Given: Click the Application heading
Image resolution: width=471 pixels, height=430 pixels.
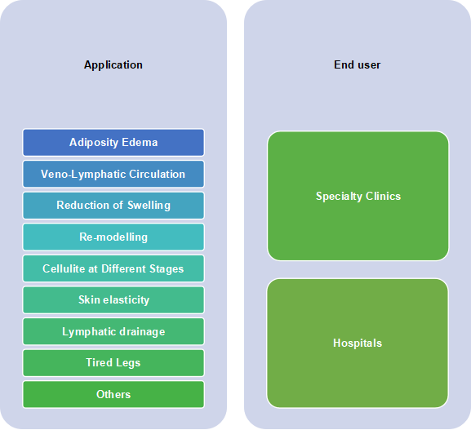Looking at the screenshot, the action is click(x=113, y=65).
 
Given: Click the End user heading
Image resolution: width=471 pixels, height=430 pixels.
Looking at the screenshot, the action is click(x=358, y=64).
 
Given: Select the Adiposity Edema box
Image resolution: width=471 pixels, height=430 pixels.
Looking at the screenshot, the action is click(x=113, y=142).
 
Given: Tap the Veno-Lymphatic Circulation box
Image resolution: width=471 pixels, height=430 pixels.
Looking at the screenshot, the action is click(x=113, y=174).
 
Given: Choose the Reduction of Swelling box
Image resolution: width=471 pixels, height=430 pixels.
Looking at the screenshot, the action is click(x=113, y=206).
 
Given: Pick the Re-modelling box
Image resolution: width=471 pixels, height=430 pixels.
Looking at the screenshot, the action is click(x=113, y=237).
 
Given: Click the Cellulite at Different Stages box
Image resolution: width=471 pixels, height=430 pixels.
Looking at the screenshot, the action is click(x=113, y=268).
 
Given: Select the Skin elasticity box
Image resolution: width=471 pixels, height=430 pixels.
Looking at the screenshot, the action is click(x=113, y=300).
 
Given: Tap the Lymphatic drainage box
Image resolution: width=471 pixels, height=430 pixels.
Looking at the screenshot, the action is click(x=113, y=331).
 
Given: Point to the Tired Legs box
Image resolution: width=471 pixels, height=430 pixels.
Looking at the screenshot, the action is click(x=113, y=363).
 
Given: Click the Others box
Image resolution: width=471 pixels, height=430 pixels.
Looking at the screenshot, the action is click(x=113, y=394).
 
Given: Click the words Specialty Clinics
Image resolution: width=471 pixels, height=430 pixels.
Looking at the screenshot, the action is click(x=358, y=197).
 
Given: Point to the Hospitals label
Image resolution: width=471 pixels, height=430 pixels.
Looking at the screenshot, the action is click(x=358, y=343).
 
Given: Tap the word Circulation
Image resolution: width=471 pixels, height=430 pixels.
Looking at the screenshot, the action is click(x=157, y=174).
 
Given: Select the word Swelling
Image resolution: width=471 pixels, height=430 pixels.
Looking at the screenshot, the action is click(x=149, y=206).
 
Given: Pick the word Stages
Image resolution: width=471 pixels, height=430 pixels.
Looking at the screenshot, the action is click(x=167, y=269).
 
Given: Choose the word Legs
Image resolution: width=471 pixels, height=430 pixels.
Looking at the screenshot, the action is click(x=128, y=363).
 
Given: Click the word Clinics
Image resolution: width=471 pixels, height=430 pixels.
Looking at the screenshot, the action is click(x=384, y=196).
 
